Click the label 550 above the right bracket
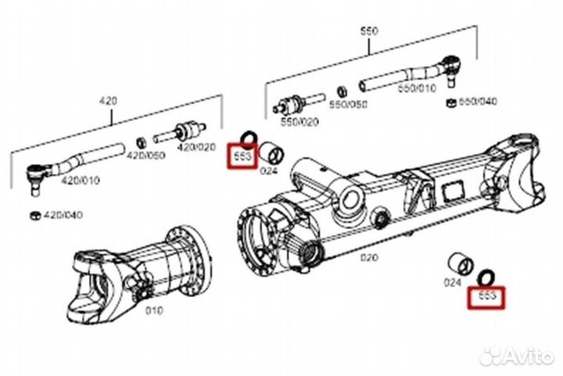click(368, 31)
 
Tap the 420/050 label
click(147, 156)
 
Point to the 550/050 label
click(348, 104)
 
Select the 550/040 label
click(477, 102)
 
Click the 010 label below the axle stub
click(153, 311)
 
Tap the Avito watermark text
click(525, 357)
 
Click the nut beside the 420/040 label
click(35, 214)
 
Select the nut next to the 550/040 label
click(450, 102)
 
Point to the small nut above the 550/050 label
click(342, 91)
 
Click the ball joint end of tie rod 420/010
click(36, 173)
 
